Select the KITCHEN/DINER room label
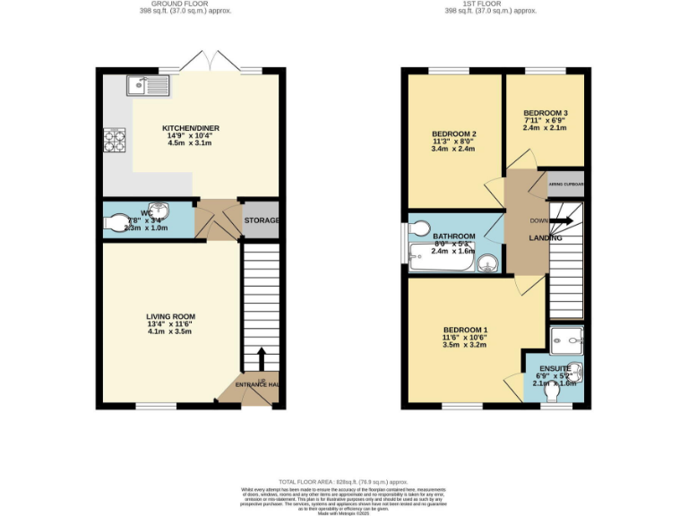191,128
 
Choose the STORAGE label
262,220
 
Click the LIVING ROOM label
171,316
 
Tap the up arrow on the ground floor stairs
262,357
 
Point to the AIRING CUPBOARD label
565,185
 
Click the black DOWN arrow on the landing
563,220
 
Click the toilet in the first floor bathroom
419,228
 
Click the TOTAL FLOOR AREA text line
343,482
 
